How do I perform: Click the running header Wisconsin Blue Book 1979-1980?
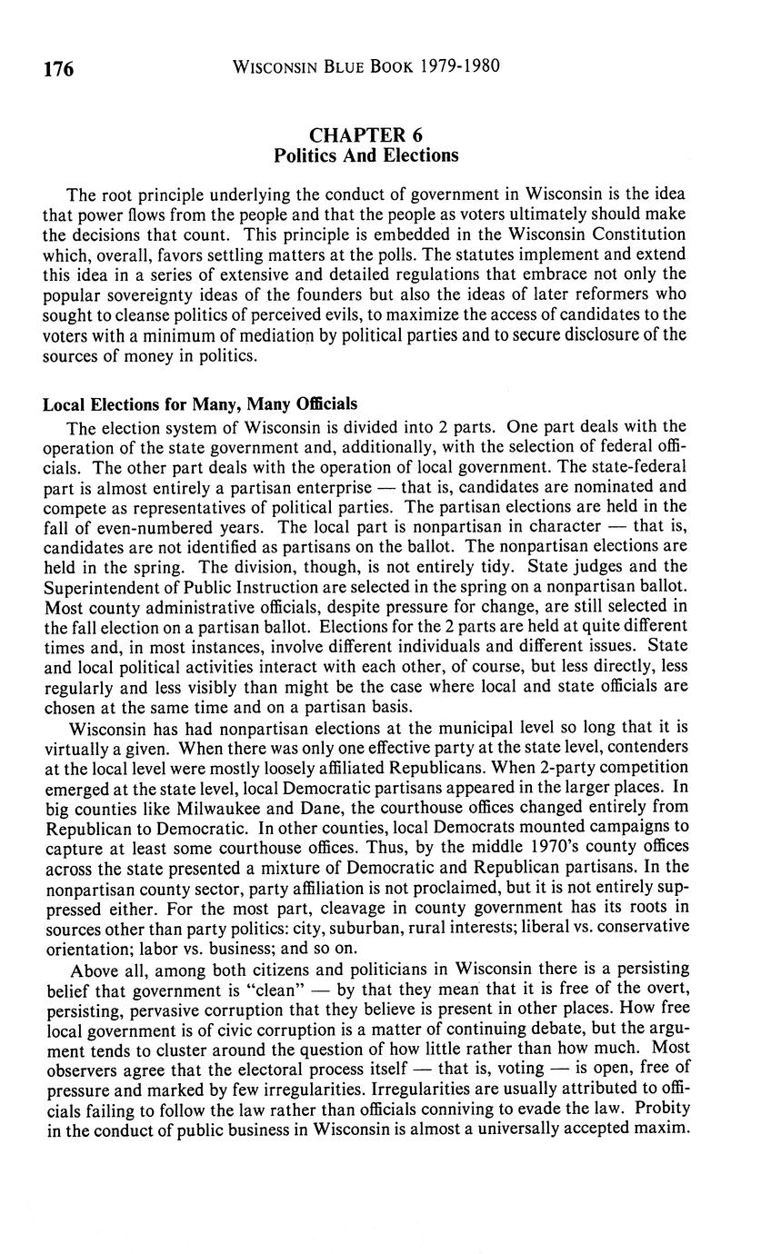366,67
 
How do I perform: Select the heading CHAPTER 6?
365,136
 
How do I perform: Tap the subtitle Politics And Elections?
365,155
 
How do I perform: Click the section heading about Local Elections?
200,403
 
